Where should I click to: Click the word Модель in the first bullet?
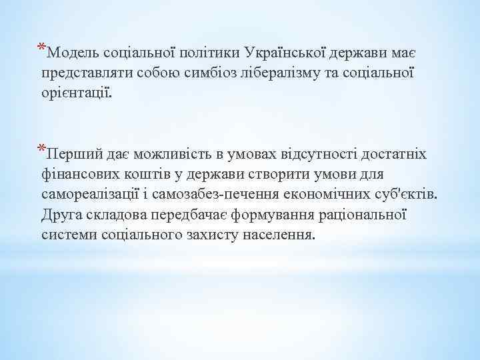(74, 52)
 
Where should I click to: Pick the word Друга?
(61, 215)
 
